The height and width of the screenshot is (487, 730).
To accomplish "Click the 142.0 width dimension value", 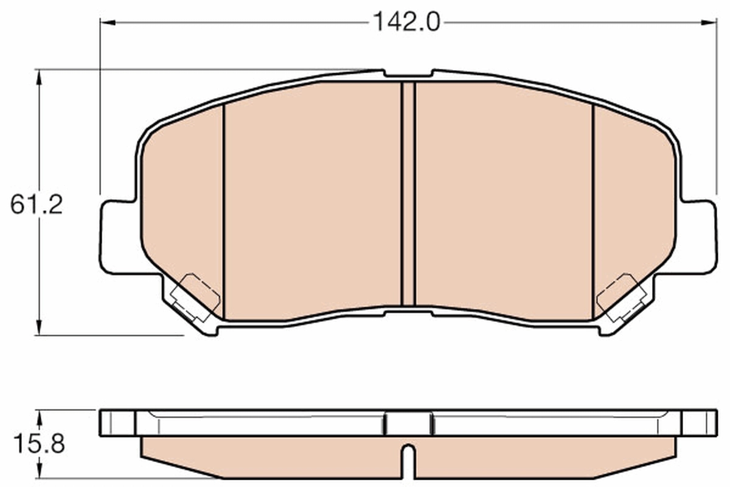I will [406, 23].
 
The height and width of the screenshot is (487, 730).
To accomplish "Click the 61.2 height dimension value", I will [36, 205].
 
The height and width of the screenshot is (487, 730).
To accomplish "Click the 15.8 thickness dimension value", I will [36, 444].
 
